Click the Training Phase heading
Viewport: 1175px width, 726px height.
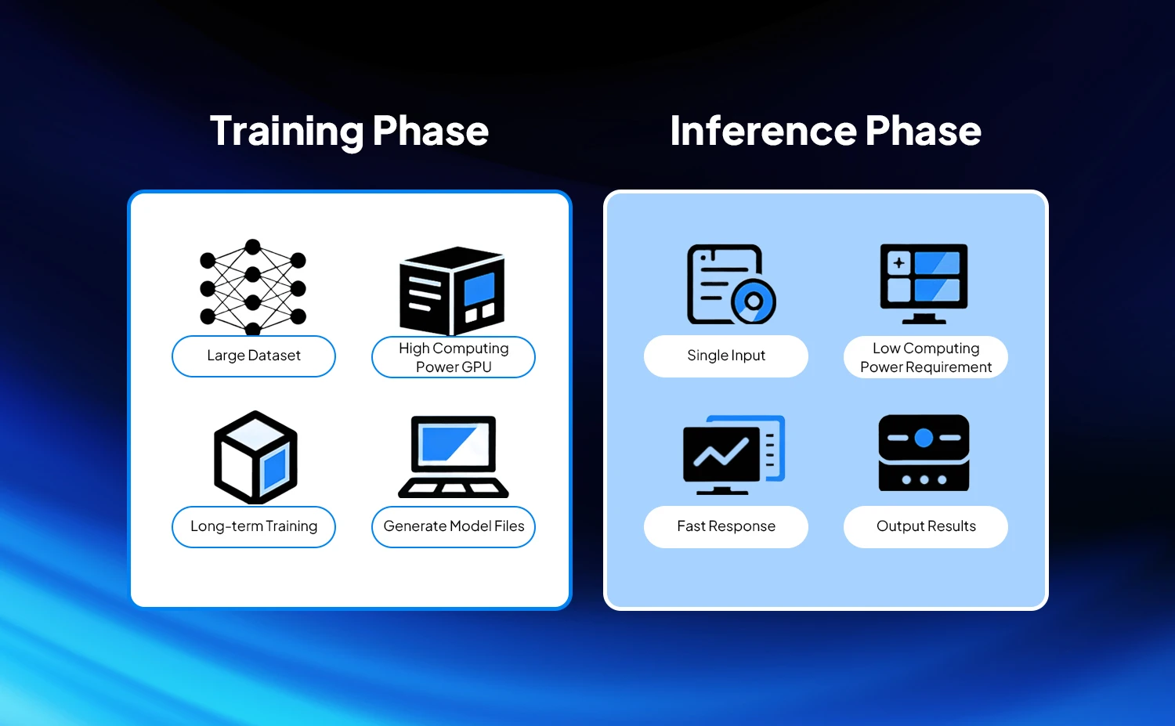coord(349,131)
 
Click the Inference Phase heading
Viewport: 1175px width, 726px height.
coord(826,131)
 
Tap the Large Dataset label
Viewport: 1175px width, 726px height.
coord(254,356)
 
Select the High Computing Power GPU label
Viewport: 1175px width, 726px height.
coord(454,357)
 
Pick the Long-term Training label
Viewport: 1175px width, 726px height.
coord(254,526)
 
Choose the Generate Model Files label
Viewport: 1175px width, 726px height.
coord(454,526)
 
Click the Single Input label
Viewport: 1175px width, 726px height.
coord(726,356)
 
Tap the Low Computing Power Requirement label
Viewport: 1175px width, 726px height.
coord(926,357)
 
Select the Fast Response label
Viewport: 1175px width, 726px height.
coord(726,526)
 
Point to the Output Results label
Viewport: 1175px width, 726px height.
coord(926,526)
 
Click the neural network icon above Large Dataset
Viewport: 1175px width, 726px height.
coord(253,287)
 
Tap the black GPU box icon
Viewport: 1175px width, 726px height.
coord(452,291)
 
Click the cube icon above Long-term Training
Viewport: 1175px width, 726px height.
coord(255,457)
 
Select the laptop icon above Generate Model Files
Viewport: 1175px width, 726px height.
coord(454,457)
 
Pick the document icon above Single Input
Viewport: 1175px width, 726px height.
coord(731,284)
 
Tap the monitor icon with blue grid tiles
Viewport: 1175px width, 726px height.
coord(924,284)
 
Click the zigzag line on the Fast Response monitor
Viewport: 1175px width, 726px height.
coord(721,452)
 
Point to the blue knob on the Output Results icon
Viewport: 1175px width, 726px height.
coord(924,438)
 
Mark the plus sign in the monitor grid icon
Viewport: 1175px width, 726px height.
coord(898,262)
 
